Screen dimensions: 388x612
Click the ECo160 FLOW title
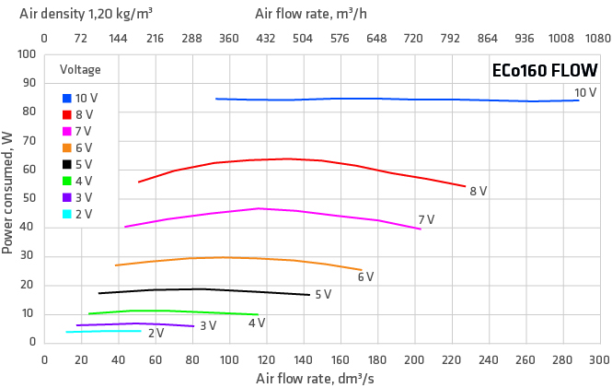pos(545,71)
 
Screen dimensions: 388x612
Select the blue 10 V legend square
pos(67,98)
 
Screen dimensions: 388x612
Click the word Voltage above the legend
pos(80,70)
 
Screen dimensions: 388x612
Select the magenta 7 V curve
pos(276,209)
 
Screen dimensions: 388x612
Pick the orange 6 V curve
pos(230,258)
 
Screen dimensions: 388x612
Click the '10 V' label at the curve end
pos(585,92)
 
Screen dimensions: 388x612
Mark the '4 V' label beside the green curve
pos(257,323)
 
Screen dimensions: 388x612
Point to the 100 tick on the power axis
pos(28,55)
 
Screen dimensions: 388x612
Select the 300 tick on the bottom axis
pos(599,359)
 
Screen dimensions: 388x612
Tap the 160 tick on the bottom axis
pos(341,359)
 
